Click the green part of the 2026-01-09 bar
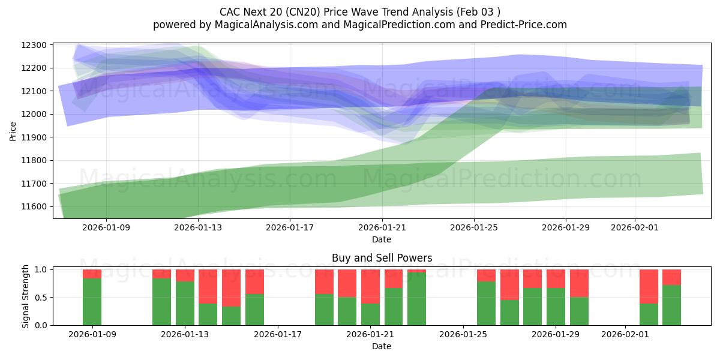(x=92, y=302)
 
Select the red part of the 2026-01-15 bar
(x=231, y=288)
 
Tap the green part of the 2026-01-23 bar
(x=416, y=299)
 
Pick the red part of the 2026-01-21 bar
(x=370, y=286)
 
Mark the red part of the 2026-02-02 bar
(x=649, y=286)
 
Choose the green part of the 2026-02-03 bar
(x=671, y=305)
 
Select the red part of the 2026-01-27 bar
(x=509, y=284)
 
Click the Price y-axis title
(x=13, y=131)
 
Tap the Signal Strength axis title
(x=25, y=296)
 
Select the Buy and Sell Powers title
(x=382, y=258)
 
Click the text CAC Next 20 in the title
(x=249, y=11)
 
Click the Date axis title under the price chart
(x=382, y=239)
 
